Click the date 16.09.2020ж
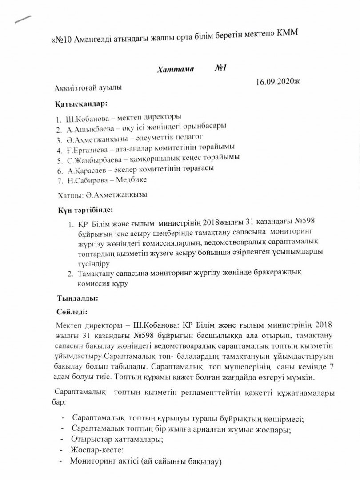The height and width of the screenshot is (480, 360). point(278,83)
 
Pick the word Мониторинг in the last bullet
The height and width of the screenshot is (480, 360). point(91,461)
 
